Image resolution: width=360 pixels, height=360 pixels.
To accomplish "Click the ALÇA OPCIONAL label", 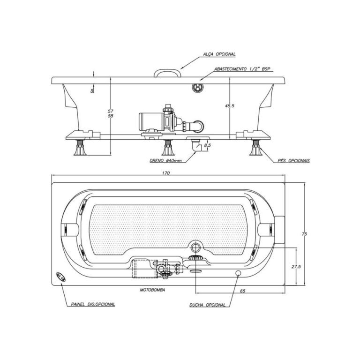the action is [219, 54].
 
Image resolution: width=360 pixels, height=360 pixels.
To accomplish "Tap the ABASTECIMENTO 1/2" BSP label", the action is [242, 69].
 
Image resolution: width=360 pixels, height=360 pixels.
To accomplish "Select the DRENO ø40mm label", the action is [166, 161].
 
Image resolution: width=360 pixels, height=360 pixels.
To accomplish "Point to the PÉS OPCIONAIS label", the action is [293, 161].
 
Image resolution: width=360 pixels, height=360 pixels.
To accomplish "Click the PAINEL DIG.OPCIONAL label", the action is [93, 304].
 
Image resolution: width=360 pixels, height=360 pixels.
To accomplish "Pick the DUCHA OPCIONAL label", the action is [208, 305].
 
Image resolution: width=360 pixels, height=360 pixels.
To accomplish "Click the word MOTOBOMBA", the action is [152, 290].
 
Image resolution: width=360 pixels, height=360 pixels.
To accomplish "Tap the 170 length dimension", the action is [166, 173].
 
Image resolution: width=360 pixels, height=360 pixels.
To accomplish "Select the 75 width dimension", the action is [304, 234].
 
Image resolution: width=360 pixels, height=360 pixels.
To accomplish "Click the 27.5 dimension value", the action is [296, 267].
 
